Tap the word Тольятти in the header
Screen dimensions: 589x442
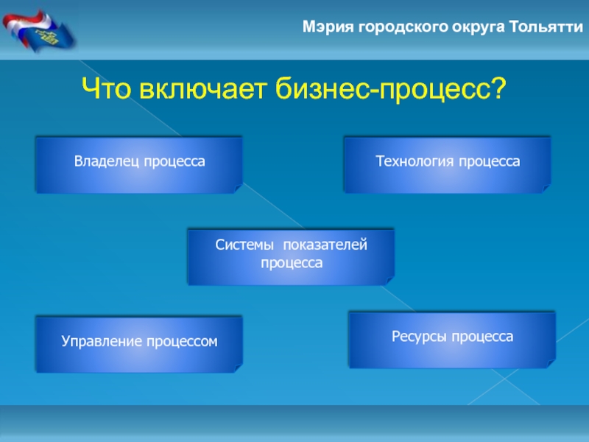click(x=546, y=27)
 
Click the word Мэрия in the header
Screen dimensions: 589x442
click(x=328, y=27)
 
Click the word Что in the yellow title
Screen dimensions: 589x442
click(x=106, y=88)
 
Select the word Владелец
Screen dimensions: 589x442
click(x=107, y=161)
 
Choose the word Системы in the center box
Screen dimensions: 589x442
click(x=244, y=245)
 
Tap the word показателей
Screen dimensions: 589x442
click(x=325, y=245)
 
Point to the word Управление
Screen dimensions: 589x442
click(x=102, y=341)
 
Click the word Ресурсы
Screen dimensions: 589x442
click(x=419, y=337)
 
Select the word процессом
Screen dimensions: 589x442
click(x=182, y=342)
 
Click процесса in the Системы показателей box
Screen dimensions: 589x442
click(x=292, y=263)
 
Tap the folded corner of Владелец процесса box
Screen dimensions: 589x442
click(x=238, y=188)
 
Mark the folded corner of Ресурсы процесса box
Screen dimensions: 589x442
click(x=551, y=363)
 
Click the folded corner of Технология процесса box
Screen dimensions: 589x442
click(x=546, y=188)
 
